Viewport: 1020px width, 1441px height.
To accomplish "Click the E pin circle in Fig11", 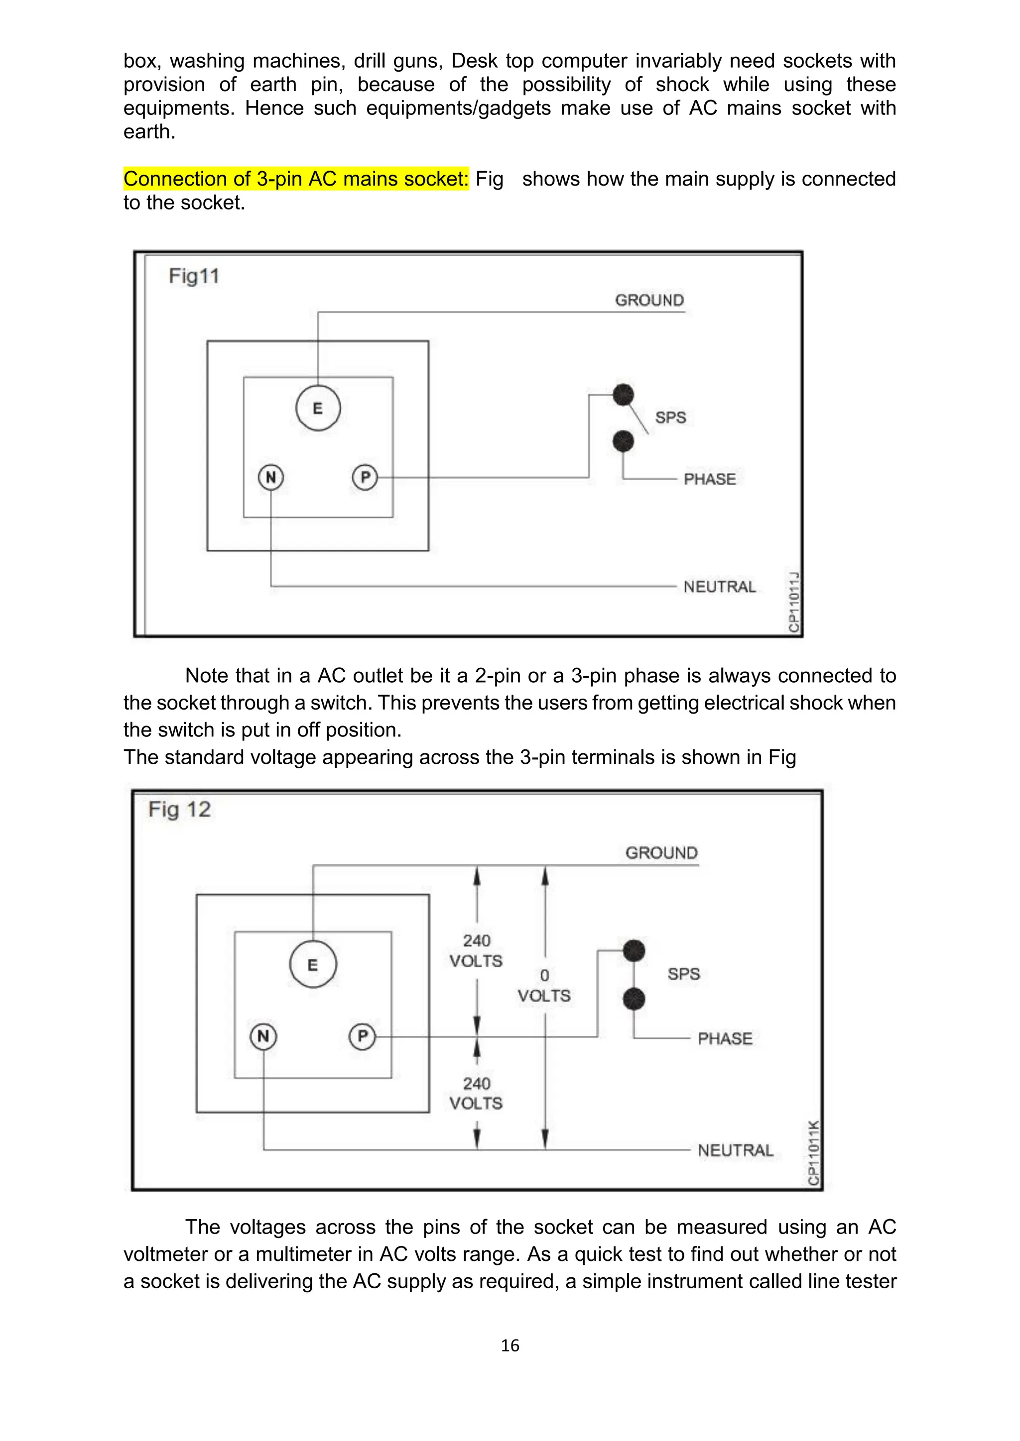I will [x=318, y=408].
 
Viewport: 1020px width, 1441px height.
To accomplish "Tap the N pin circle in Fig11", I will [x=271, y=478].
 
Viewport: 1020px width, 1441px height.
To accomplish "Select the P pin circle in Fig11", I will [x=365, y=478].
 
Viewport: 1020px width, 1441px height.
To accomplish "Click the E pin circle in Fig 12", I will [x=313, y=965].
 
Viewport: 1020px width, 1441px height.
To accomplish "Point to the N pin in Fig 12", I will [x=263, y=1035].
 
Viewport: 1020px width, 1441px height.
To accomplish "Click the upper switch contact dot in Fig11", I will [x=623, y=395].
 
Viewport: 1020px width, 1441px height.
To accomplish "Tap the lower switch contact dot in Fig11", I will [x=623, y=442].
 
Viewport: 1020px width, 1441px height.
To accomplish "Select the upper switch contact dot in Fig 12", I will [x=634, y=951].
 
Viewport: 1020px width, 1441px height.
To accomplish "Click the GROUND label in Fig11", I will [x=649, y=300].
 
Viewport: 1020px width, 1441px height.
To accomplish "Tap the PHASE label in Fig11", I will [x=710, y=479].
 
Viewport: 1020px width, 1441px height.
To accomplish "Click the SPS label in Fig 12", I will [x=683, y=974].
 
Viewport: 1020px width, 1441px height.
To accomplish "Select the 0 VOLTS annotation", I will [x=544, y=985].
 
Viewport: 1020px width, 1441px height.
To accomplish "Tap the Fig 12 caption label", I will [x=180, y=810].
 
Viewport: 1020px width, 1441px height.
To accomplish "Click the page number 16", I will [x=510, y=1345].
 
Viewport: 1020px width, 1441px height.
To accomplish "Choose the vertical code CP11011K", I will [x=813, y=1153].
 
